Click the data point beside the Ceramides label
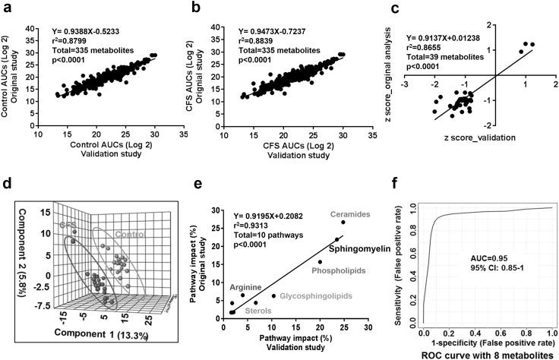click(x=343, y=223)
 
